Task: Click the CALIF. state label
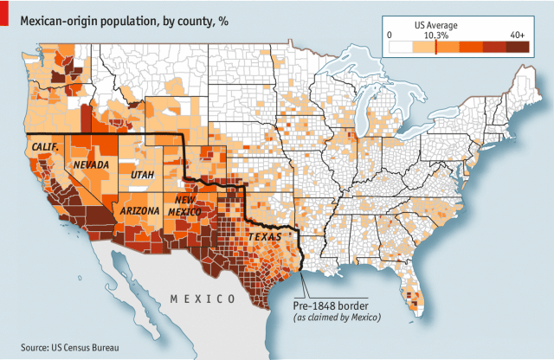45,148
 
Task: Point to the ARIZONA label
140,211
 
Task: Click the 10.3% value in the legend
435,34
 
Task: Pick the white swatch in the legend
400,48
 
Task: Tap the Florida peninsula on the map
410,286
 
